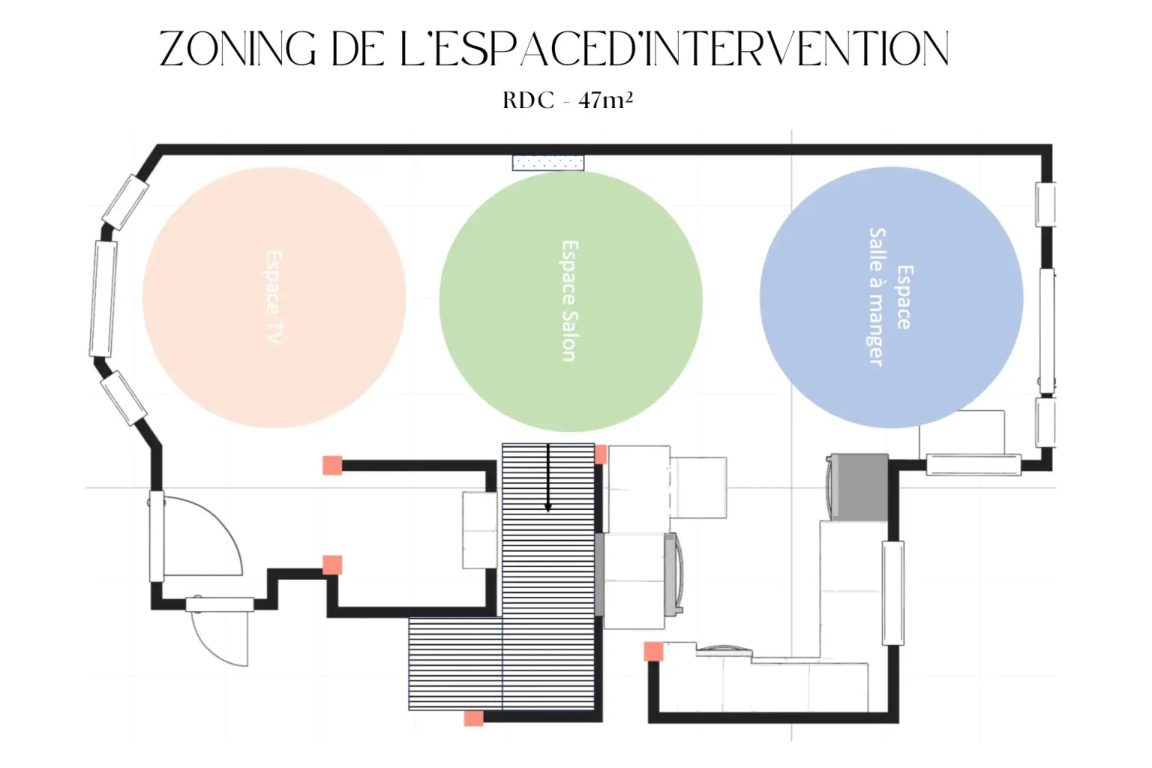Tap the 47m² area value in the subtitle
(605, 100)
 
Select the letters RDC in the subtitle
(529, 100)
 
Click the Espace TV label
(274, 297)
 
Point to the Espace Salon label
(569, 301)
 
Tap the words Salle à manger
(877, 297)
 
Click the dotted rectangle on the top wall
(548, 163)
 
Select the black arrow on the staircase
(548, 478)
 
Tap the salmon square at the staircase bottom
(474, 718)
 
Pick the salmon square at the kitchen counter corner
(654, 651)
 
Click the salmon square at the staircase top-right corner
(601, 454)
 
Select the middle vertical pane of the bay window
(103, 298)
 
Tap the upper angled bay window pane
(126, 202)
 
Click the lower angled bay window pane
(124, 398)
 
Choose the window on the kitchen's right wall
(893, 592)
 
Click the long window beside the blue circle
(1047, 331)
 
